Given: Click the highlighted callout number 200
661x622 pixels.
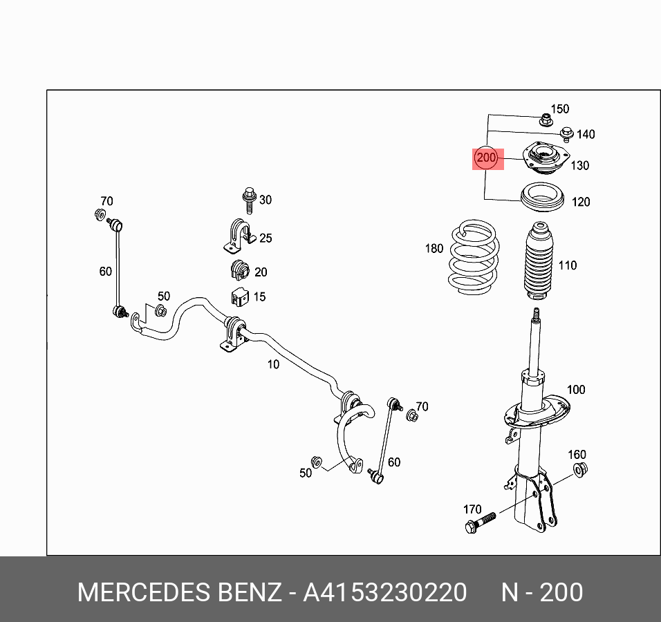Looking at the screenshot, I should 486,158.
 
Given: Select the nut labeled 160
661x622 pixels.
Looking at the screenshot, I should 579,471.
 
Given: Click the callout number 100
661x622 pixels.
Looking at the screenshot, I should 576,390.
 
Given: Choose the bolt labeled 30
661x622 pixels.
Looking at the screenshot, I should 249,200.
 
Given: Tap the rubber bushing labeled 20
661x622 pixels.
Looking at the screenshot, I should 239,271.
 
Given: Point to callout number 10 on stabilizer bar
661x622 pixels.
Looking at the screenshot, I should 274,364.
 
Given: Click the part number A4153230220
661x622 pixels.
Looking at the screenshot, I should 385,593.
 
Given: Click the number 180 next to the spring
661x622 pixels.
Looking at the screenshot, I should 434,249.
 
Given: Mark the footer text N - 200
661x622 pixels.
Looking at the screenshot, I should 542,593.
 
